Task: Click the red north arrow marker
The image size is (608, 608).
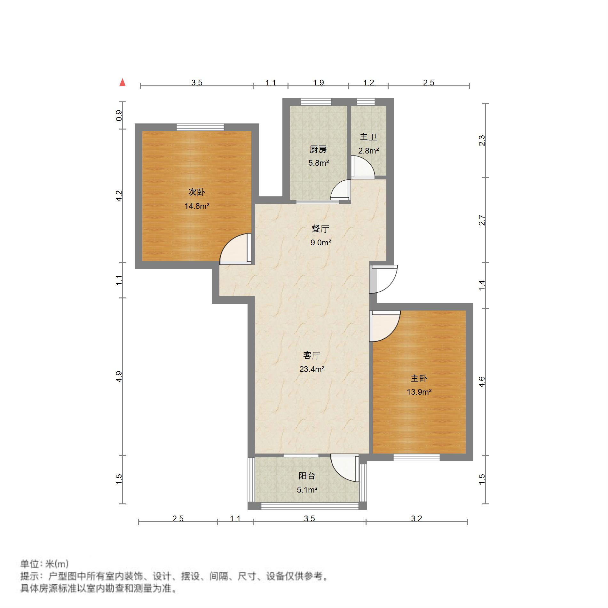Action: pyautogui.click(x=122, y=83)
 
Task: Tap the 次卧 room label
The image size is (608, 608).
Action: pyautogui.click(x=196, y=192)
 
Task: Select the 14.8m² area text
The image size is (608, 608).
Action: pyautogui.click(x=197, y=206)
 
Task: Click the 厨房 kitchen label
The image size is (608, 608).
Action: pyautogui.click(x=318, y=149)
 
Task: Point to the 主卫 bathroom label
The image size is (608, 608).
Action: pyautogui.click(x=368, y=137)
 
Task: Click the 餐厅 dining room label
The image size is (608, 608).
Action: pyautogui.click(x=320, y=229)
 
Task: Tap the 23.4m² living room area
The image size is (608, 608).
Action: pyautogui.click(x=312, y=369)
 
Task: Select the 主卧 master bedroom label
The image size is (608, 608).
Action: pyautogui.click(x=419, y=378)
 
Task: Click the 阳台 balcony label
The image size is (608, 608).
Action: pyautogui.click(x=307, y=476)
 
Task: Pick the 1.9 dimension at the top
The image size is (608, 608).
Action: pyautogui.click(x=318, y=83)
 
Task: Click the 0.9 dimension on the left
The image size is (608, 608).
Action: pyautogui.click(x=119, y=115)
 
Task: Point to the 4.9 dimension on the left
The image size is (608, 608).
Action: pyautogui.click(x=119, y=376)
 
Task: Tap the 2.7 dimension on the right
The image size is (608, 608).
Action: pyautogui.click(x=482, y=220)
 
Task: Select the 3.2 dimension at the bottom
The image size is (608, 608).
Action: pyautogui.click(x=416, y=518)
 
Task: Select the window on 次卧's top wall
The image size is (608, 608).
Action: pyautogui.click(x=200, y=127)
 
